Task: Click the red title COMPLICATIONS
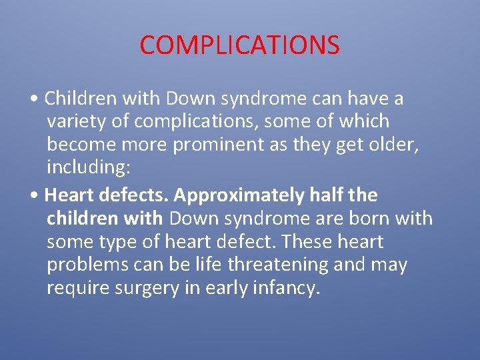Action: coord(239,45)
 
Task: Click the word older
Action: coord(392,145)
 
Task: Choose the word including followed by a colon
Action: coord(88,168)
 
